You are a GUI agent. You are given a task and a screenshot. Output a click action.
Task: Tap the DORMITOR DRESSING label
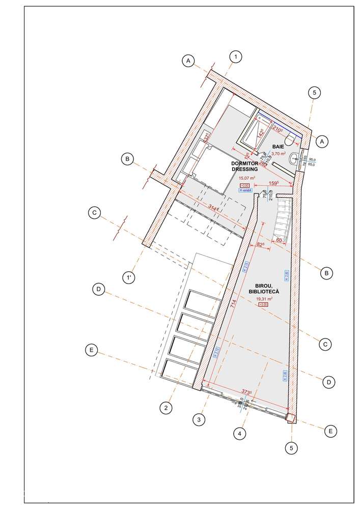pos(246,166)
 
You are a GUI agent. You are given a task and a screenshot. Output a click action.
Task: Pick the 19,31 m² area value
pos(265,299)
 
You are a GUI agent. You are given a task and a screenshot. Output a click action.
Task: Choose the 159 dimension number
pos(274,183)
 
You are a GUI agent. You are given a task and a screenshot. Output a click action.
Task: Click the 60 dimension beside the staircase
pos(279,239)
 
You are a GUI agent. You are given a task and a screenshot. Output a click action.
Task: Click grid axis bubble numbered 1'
pos(130,278)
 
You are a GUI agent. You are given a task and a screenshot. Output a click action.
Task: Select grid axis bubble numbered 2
pos(165,407)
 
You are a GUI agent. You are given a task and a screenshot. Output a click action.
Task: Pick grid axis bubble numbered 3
pos(199,419)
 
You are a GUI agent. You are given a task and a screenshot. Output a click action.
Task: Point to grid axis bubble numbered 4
pos(238,434)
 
